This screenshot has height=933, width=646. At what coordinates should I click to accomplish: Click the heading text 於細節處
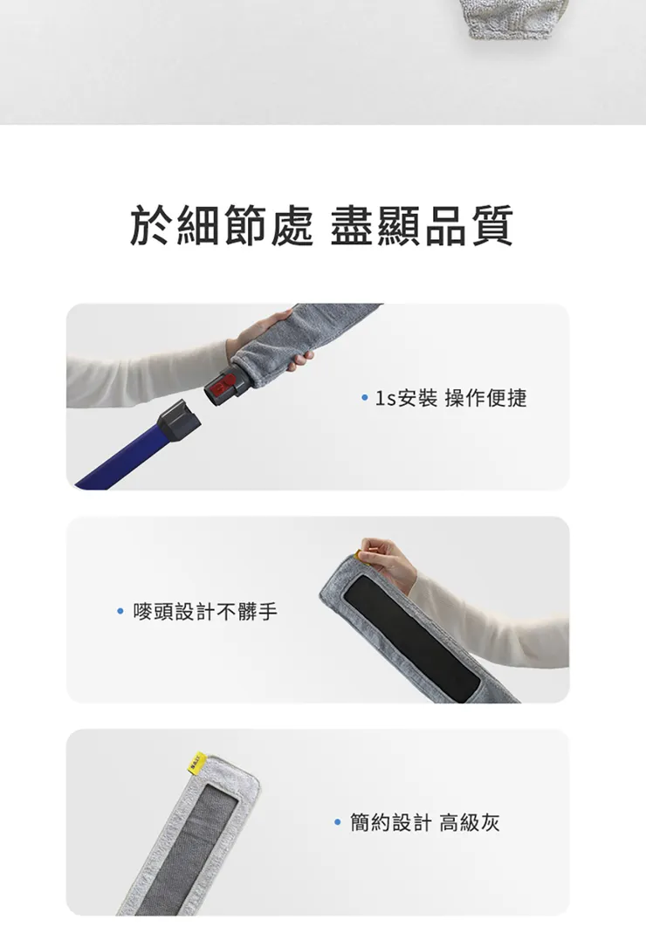[x=220, y=226]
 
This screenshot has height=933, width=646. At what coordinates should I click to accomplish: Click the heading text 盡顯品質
[x=422, y=226]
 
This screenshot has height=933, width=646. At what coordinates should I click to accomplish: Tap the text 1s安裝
[x=406, y=399]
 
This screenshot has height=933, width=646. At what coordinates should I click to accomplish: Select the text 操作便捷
[x=486, y=399]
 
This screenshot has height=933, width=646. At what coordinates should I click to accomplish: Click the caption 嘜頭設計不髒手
[x=205, y=612]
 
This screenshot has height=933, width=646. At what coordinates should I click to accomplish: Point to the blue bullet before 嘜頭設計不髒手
[x=121, y=612]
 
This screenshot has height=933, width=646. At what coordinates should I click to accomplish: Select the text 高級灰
[x=470, y=822]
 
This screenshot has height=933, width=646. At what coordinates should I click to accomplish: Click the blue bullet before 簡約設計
[x=338, y=822]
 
